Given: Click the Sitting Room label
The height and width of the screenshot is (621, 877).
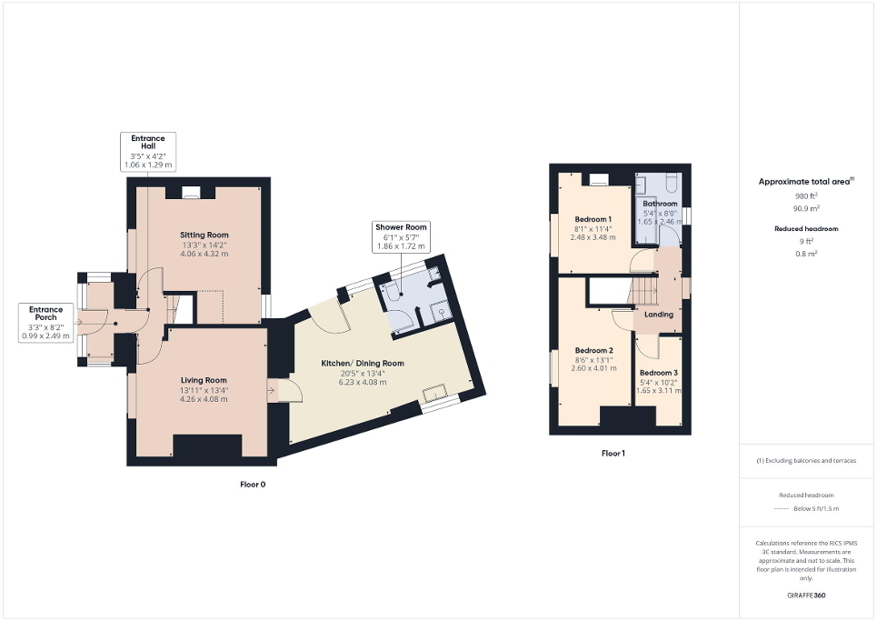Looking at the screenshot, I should [x=204, y=235].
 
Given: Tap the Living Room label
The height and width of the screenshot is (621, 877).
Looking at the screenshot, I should [x=204, y=380].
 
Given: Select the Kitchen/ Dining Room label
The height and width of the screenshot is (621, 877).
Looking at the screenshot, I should [x=362, y=363].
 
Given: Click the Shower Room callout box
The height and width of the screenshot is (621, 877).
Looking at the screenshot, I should [x=400, y=237].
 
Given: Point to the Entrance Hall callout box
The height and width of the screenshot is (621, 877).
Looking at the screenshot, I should [x=147, y=152].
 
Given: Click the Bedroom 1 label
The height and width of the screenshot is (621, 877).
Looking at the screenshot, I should [x=593, y=219].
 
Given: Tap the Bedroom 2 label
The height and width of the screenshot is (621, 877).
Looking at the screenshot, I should [x=593, y=351].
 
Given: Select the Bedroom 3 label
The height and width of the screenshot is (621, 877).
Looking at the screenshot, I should [x=658, y=373].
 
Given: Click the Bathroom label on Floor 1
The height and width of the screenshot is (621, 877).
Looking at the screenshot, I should [x=660, y=204].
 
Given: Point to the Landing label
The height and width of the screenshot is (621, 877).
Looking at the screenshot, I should [x=658, y=315].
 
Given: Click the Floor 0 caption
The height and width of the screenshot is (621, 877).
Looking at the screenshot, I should [x=252, y=485].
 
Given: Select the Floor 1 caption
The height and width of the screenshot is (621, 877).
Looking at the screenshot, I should [x=613, y=453].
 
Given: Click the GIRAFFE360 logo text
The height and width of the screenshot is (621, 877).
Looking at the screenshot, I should [x=807, y=596].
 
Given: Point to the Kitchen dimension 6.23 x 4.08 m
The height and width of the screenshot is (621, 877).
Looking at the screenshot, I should [x=362, y=383].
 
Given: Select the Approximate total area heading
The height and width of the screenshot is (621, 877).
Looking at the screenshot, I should [x=805, y=182].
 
